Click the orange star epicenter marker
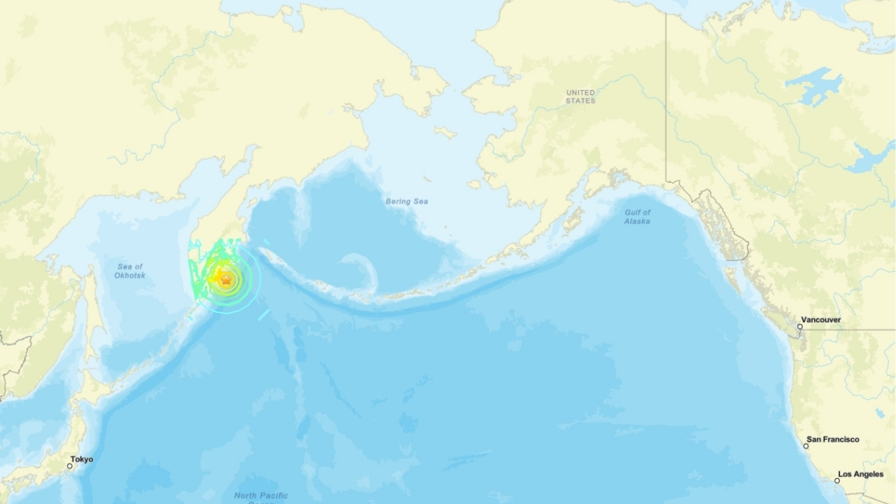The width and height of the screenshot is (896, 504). [x=225, y=279]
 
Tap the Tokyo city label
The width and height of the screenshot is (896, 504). [x=81, y=459]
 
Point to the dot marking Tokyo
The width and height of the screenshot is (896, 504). [x=70, y=465]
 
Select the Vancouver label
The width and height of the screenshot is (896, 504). [x=821, y=320]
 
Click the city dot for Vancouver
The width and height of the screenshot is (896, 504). [x=801, y=326]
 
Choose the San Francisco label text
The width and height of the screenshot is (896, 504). [x=832, y=440]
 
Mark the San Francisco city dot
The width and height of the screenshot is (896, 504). [x=807, y=445]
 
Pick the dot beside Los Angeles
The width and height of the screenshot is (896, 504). [x=837, y=480]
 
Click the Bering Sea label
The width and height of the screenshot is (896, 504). [x=407, y=202]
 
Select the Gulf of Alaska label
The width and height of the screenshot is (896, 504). [x=637, y=216]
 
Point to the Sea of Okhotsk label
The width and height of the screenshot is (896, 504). [x=129, y=271]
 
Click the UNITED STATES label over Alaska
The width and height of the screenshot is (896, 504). [x=580, y=97]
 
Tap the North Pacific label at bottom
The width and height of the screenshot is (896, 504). [x=260, y=496]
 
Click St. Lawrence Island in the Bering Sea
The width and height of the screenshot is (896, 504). [x=445, y=132]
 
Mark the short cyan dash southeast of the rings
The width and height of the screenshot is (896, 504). [x=263, y=316]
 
